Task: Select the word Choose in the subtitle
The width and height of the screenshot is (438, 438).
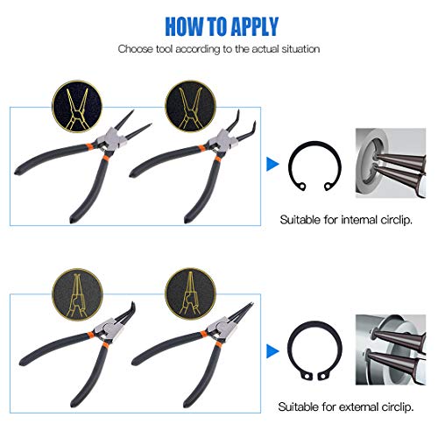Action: (x=137, y=49)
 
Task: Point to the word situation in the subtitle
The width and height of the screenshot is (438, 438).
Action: (x=299, y=49)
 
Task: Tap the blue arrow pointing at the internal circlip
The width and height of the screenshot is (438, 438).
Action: (x=272, y=163)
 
